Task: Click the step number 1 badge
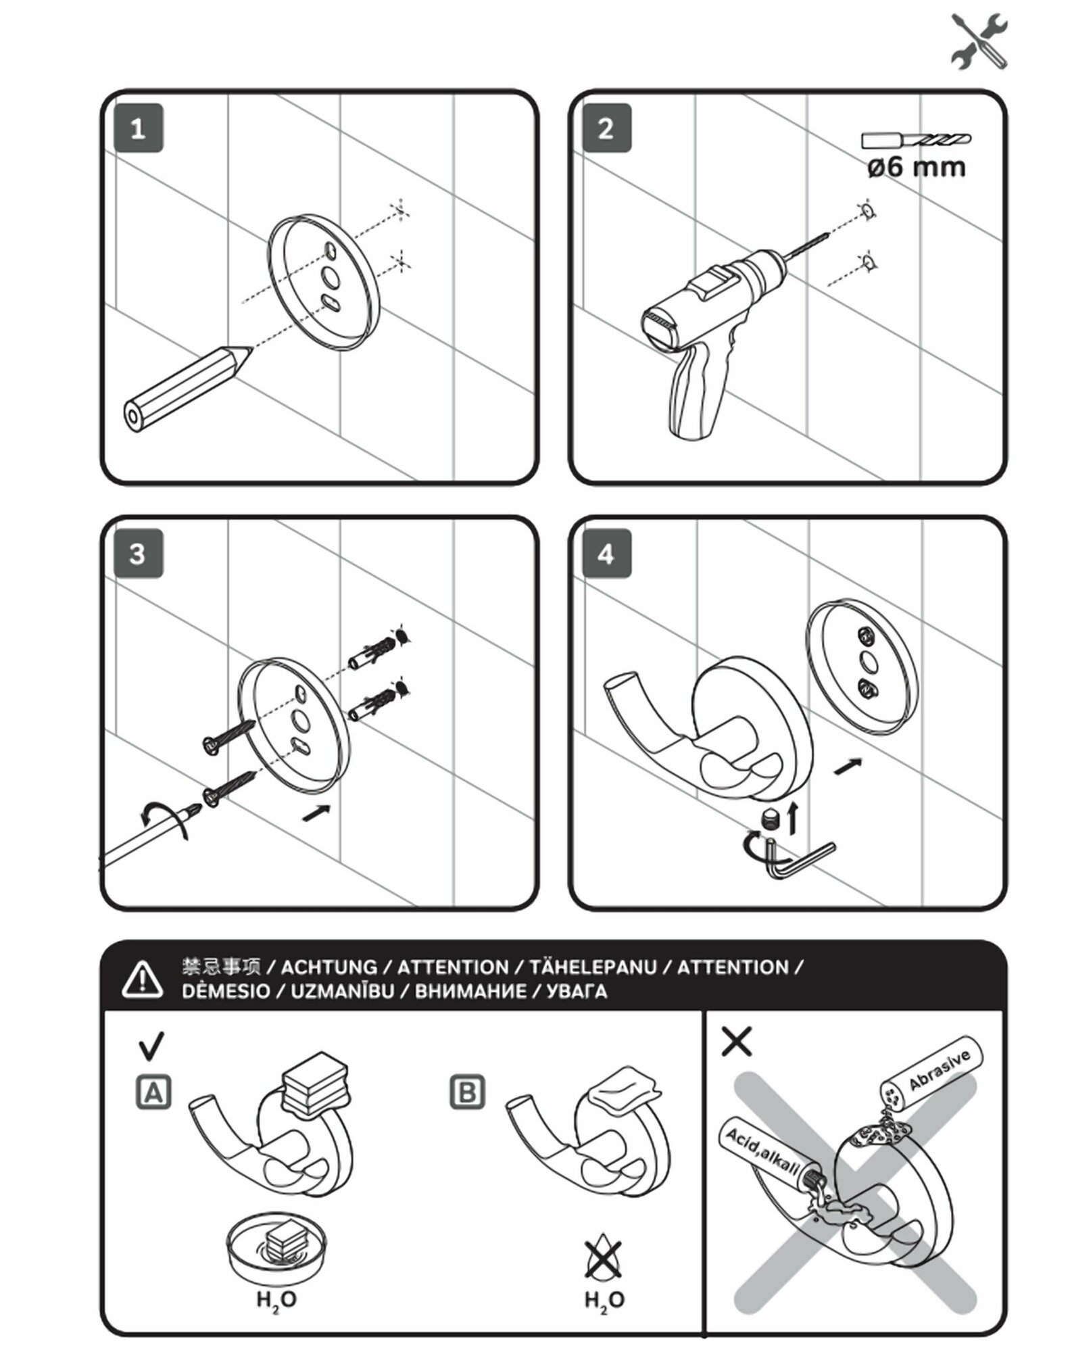tap(138, 128)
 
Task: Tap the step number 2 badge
tap(606, 128)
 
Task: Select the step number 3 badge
tap(138, 554)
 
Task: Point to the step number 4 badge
tap(606, 554)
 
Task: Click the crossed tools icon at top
tap(979, 42)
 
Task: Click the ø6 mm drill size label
tap(916, 166)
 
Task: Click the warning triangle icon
tap(142, 978)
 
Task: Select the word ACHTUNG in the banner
tap(329, 967)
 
